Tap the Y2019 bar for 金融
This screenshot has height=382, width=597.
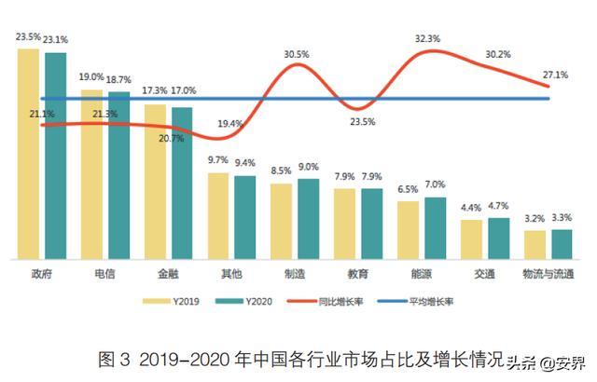pos(155,182)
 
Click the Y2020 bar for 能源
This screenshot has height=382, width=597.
pos(435,227)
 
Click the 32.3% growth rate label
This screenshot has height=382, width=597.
pos(428,38)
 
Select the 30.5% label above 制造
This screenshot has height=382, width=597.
pos(298,55)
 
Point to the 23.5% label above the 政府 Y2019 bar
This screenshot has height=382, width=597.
pos(28,38)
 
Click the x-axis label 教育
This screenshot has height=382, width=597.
pos(357,275)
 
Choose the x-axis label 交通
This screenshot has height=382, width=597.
pos(484,275)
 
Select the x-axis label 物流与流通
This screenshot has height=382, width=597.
pos(548,275)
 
